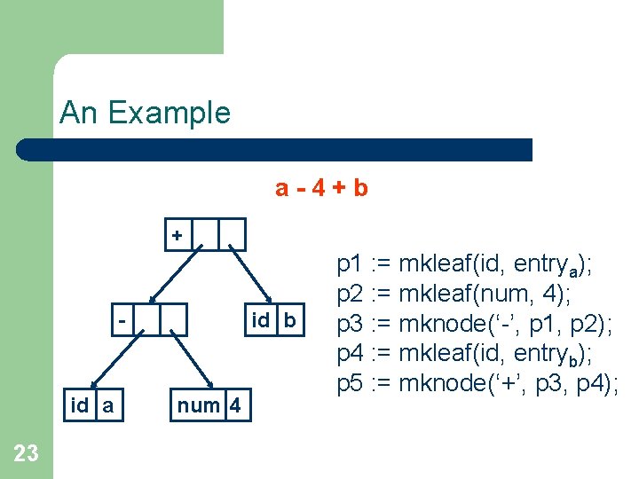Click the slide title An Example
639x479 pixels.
145,113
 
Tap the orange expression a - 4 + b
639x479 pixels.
321,187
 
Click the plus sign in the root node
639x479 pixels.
177,236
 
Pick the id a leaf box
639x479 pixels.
91,406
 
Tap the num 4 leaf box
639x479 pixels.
209,406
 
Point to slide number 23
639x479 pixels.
27,453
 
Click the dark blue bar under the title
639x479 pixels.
275,149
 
